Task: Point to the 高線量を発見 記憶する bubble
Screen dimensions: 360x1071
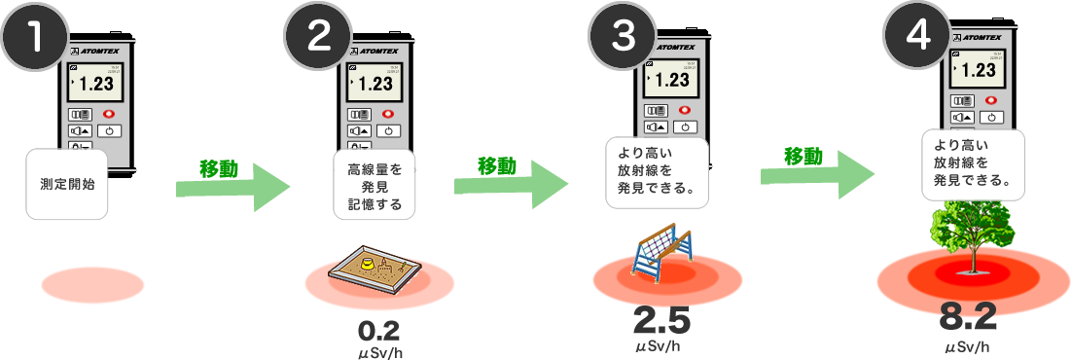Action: click(x=375, y=185)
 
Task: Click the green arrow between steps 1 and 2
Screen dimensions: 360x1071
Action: click(x=233, y=185)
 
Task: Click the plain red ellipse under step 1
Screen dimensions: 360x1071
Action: click(x=92, y=286)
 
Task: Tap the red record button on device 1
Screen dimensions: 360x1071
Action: click(x=112, y=113)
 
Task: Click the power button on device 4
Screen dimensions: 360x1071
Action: click(x=991, y=117)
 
